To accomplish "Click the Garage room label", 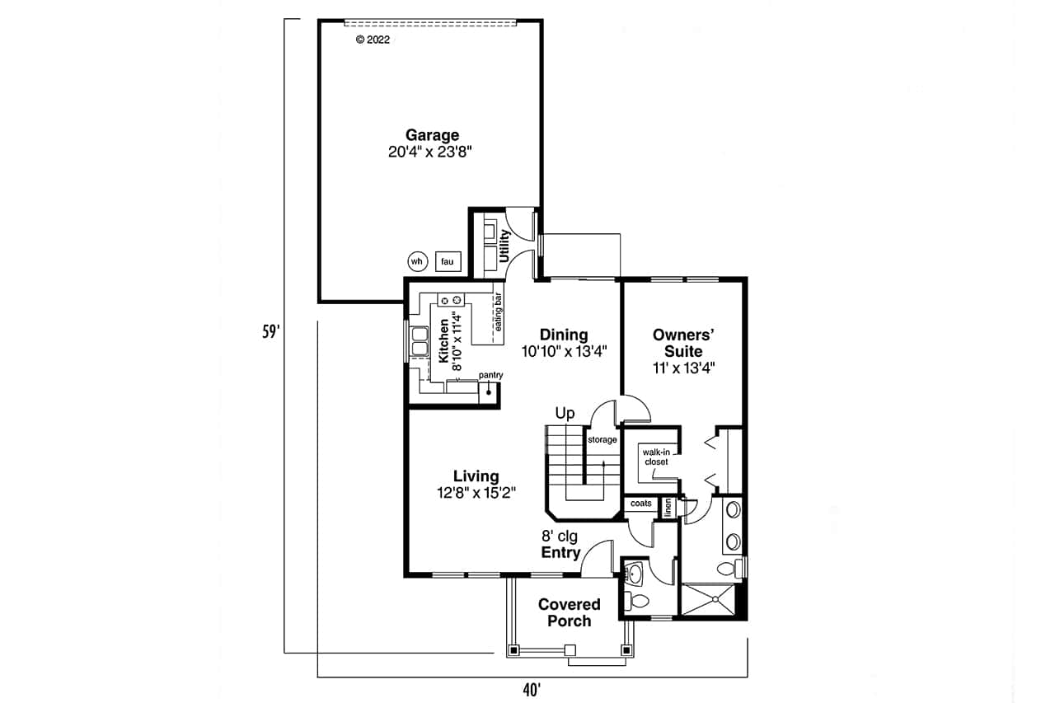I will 432,135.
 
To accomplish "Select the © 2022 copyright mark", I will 373,39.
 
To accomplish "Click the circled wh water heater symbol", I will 417,261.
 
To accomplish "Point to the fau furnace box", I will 448,261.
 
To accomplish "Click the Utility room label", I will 504,246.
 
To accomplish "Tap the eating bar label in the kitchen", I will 498,313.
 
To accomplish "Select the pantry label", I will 490,375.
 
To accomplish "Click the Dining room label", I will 564,335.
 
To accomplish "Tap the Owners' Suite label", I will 682,343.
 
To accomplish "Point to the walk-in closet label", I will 656,457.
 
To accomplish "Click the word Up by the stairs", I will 565,414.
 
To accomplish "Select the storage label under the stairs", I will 602,440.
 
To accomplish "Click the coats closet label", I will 640,504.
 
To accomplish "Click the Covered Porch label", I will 569,612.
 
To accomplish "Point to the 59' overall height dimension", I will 270,332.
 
